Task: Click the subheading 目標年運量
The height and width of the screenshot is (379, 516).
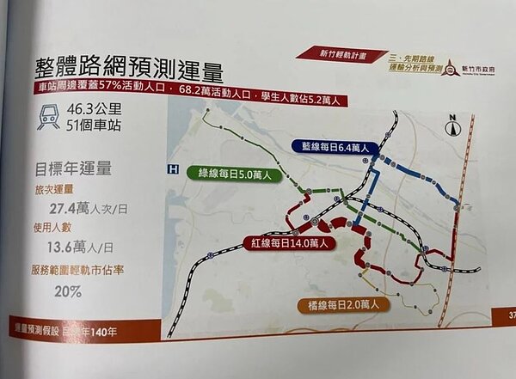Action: pos(73,167)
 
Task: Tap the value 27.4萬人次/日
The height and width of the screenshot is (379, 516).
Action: pos(90,208)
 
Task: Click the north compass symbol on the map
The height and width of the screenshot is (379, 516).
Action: pos(451,127)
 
